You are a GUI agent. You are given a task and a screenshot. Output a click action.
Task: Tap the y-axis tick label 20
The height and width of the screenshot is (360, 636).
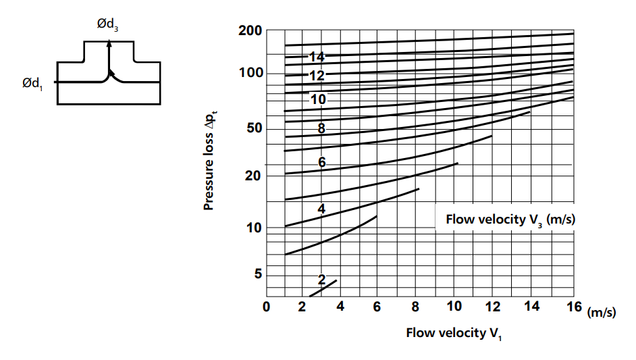point(255,176)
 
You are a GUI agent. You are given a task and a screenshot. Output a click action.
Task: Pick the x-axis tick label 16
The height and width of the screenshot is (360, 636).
point(574,307)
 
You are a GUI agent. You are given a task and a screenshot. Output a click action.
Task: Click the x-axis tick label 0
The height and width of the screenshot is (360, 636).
point(267,307)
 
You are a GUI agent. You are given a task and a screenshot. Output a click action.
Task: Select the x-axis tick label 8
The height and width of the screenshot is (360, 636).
point(415,307)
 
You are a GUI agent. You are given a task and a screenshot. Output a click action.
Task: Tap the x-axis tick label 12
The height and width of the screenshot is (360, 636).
point(493,307)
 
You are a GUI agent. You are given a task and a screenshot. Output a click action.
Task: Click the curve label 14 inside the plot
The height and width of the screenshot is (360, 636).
point(317,57)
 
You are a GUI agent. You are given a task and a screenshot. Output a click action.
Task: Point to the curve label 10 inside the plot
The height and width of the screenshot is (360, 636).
point(318,99)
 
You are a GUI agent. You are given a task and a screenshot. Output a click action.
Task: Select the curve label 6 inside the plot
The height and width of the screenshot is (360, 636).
point(322,162)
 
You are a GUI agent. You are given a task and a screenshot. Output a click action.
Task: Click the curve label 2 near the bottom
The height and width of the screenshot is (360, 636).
point(321,279)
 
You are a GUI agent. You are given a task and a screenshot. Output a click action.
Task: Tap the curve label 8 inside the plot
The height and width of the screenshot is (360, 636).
point(321,128)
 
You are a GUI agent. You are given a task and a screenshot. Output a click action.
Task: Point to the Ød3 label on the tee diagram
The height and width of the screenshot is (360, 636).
point(108,24)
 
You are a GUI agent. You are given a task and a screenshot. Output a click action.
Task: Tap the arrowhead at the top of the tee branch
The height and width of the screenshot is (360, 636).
point(109,45)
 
